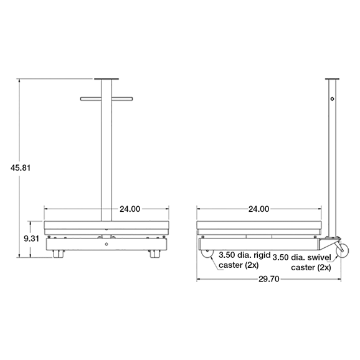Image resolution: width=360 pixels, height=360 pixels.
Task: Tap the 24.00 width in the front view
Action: [x=130, y=209]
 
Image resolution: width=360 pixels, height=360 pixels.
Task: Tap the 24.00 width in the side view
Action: [x=258, y=209]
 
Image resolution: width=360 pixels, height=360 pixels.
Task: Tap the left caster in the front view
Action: [x=59, y=254]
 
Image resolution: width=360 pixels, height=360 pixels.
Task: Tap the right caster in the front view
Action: [x=153, y=254]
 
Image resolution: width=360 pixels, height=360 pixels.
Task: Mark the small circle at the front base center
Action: [x=107, y=244]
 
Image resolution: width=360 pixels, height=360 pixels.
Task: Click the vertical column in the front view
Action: [x=107, y=156]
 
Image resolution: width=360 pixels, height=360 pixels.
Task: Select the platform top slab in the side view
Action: [x=258, y=225]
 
